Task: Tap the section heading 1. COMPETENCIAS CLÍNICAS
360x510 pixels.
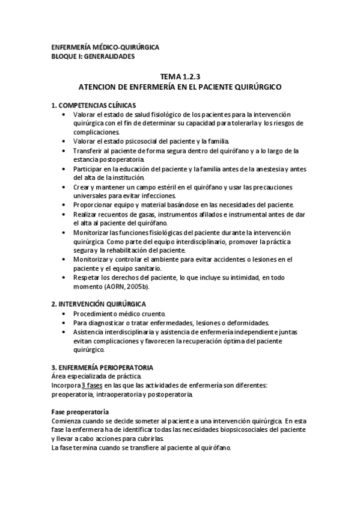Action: click(93, 105)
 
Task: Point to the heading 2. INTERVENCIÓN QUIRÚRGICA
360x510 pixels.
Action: click(99, 304)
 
